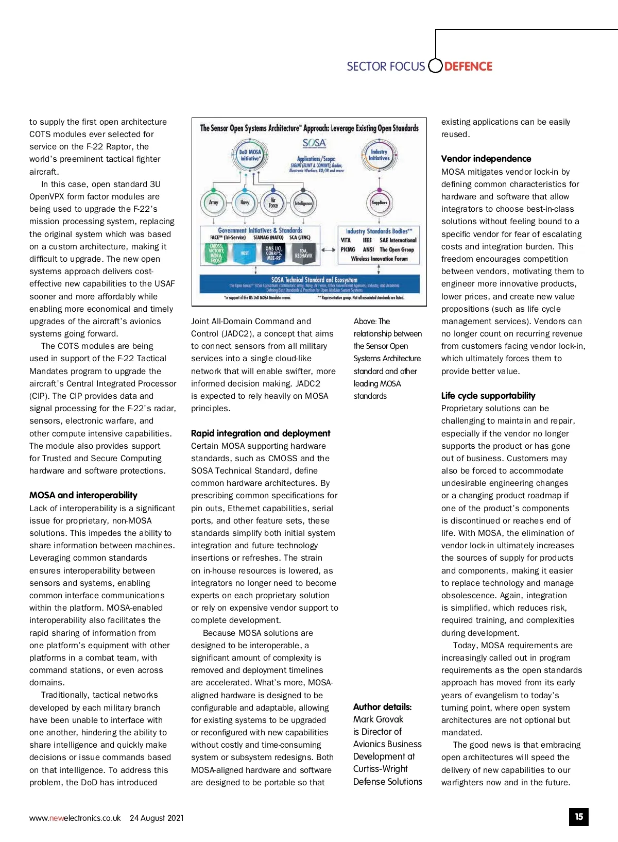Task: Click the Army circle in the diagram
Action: click(x=213, y=203)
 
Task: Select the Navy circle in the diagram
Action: click(x=245, y=203)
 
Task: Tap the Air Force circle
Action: click(x=273, y=203)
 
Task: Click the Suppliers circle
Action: click(x=380, y=203)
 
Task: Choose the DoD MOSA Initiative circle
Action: click(x=250, y=155)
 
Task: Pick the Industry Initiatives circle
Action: click(x=379, y=155)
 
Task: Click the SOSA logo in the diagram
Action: click(x=314, y=143)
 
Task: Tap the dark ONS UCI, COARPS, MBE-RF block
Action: click(x=273, y=254)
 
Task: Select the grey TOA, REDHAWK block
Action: click(x=303, y=254)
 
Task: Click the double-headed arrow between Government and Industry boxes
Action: click(x=329, y=249)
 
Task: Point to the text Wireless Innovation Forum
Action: click(x=379, y=259)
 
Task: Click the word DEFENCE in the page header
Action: click(x=468, y=66)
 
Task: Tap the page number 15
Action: click(x=579, y=817)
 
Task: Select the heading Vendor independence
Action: click(x=486, y=159)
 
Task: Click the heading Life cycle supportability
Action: click(x=488, y=396)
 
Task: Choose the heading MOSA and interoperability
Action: click(x=83, y=495)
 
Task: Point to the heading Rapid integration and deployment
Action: click(x=261, y=433)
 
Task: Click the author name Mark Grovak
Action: click(x=378, y=719)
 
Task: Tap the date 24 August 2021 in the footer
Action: click(x=157, y=818)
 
